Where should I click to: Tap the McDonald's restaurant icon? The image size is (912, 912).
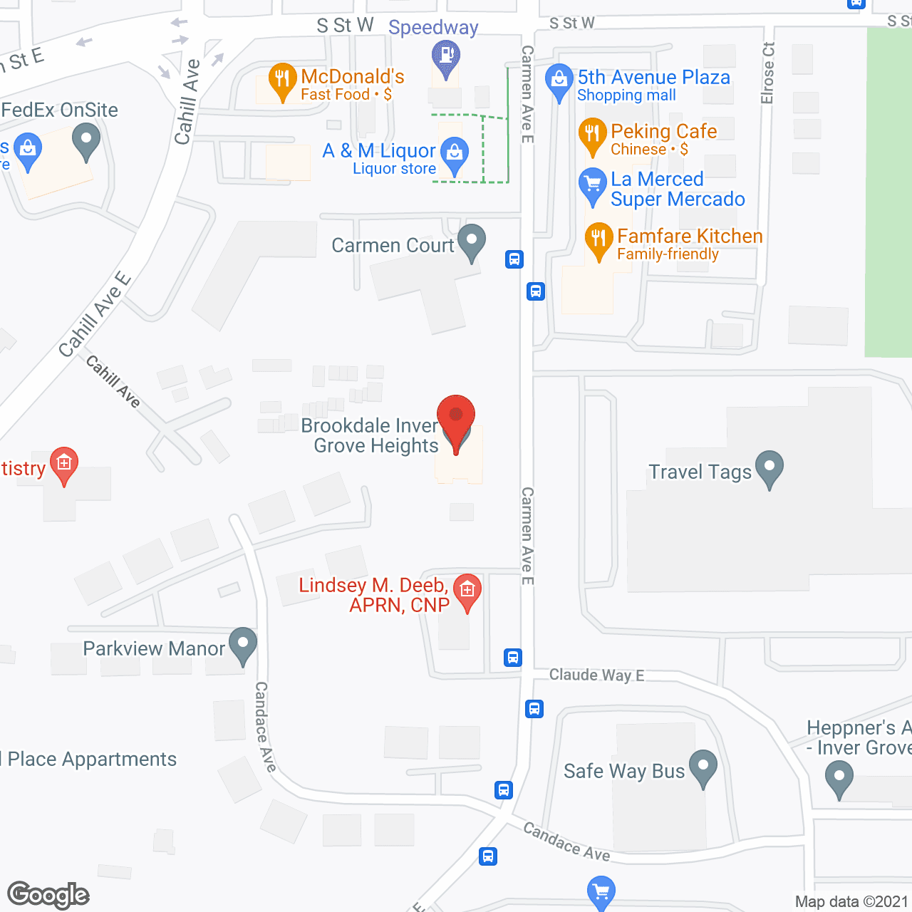point(282,81)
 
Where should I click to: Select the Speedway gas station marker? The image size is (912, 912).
point(446,56)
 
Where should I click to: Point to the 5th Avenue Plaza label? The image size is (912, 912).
point(653,77)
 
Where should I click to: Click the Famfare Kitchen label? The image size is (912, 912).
point(690,236)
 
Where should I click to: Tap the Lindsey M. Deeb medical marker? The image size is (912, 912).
point(467,591)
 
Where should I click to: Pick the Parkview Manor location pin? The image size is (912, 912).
point(242,644)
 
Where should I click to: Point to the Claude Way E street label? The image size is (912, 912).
point(596,675)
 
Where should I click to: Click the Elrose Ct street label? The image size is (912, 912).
point(767,73)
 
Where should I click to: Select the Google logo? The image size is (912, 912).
point(48,895)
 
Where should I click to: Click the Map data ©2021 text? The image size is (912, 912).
point(851,901)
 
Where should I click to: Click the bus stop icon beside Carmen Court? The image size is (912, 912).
point(514,259)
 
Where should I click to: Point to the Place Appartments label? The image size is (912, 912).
point(92,759)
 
